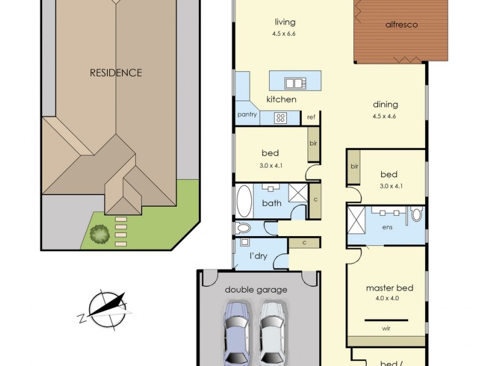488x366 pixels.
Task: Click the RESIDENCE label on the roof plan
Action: [116, 73]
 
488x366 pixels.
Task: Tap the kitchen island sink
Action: [295, 83]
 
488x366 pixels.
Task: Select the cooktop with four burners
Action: [281, 118]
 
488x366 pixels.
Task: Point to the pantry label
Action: [247, 115]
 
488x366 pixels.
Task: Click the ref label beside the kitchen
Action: [311, 117]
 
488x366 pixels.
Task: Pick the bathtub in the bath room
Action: [245, 201]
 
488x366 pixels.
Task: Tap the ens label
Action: [387, 227]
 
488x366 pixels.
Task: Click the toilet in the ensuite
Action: [417, 214]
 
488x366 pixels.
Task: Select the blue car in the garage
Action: [237, 332]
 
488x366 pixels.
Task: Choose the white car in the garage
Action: [272, 332]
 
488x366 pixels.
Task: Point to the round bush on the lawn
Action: [99, 234]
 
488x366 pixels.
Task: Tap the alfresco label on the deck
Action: [401, 24]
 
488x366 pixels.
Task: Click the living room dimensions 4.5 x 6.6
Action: [284, 34]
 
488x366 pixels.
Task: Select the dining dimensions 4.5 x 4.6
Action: [384, 117]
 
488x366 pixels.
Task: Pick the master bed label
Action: [390, 288]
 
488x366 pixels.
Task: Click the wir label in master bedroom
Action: [386, 328]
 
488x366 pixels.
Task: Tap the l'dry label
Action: [259, 256]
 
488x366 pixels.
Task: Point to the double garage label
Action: [256, 290]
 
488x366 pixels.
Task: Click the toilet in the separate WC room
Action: [243, 228]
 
